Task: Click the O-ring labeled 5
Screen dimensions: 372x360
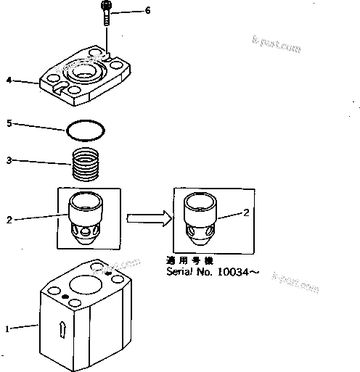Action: [x=85, y=131]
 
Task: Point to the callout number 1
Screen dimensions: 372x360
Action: [x=7, y=328]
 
